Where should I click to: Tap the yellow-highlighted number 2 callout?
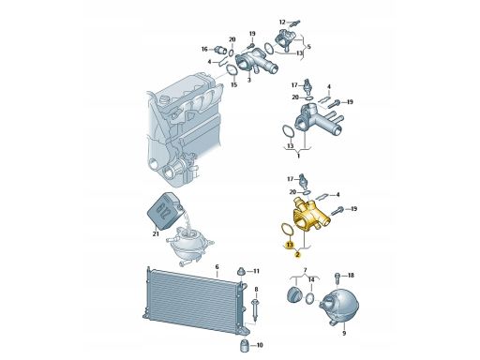(x=297, y=255)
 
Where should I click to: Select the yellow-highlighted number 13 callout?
(x=290, y=244)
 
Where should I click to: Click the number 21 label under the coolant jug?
(x=156, y=233)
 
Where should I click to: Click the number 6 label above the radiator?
(x=217, y=267)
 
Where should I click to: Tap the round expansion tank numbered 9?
(x=339, y=304)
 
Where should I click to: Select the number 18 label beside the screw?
(x=351, y=276)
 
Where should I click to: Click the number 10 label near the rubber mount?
(x=260, y=345)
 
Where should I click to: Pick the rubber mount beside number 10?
(x=245, y=345)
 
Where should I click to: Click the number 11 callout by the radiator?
(x=256, y=271)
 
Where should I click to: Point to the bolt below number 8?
(x=256, y=310)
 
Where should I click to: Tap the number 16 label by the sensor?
(x=204, y=49)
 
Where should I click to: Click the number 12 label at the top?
(x=282, y=22)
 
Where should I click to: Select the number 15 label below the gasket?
(x=233, y=84)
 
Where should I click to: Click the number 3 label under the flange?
(x=249, y=81)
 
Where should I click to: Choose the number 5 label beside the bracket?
(x=309, y=47)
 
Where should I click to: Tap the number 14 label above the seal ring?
(x=311, y=280)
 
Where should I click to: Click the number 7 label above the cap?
(x=306, y=270)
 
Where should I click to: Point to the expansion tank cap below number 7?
(x=294, y=293)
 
